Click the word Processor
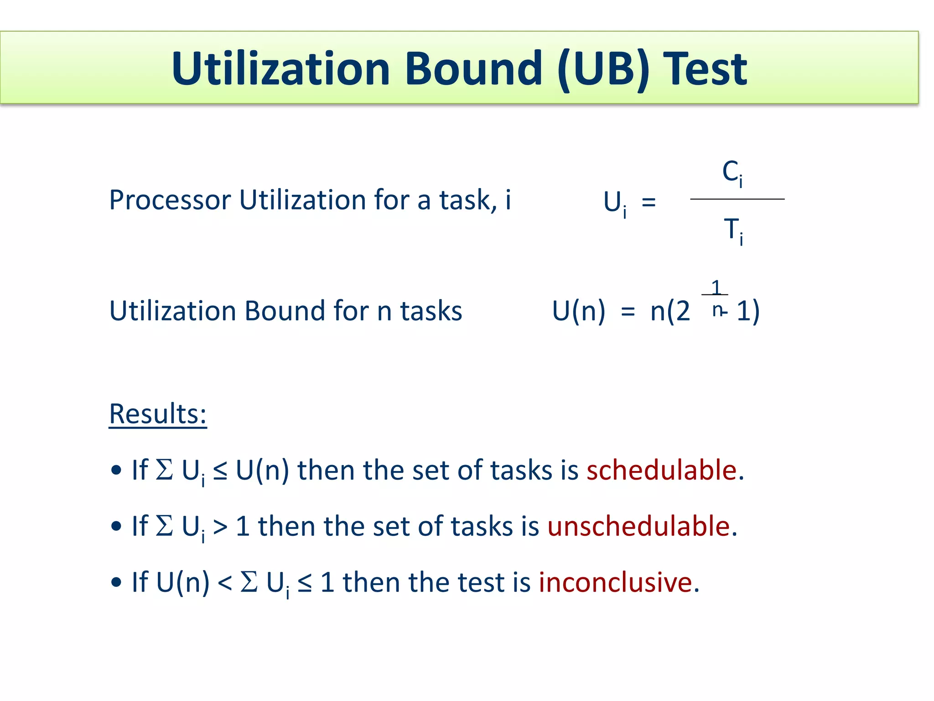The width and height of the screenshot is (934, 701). click(x=170, y=200)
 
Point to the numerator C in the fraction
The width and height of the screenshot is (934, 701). click(x=731, y=172)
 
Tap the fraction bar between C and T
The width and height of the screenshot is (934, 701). click(x=737, y=199)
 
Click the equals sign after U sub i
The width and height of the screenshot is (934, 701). click(x=649, y=201)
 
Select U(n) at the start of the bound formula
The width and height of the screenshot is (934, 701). click(x=578, y=311)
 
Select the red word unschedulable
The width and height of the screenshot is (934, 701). click(x=639, y=526)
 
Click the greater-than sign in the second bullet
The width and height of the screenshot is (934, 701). click(x=220, y=527)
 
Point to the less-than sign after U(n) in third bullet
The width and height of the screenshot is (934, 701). click(x=225, y=583)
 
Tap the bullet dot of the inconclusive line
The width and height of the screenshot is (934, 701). click(x=117, y=582)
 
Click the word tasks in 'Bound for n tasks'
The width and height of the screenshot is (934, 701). click(x=431, y=311)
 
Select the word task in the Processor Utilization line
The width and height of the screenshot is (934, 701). click(x=467, y=200)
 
